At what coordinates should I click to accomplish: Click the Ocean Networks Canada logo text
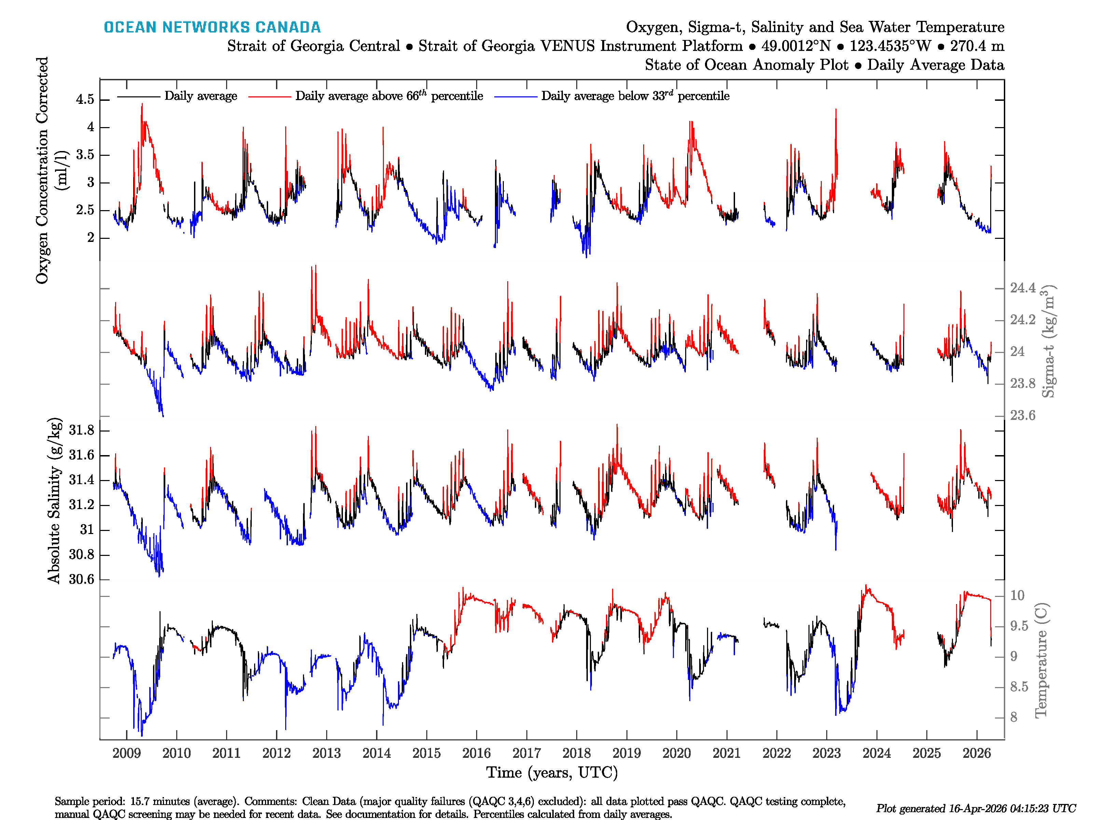click(x=212, y=27)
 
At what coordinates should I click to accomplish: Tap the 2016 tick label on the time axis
click(x=476, y=753)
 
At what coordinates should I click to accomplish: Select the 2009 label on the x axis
click(x=126, y=753)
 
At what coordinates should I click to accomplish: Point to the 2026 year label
click(x=977, y=753)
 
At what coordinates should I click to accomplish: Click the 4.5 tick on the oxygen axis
click(x=85, y=99)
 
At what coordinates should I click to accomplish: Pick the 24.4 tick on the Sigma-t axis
click(x=1022, y=288)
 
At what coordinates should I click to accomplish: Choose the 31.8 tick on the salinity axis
click(x=82, y=430)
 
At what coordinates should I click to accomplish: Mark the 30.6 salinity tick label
click(x=82, y=579)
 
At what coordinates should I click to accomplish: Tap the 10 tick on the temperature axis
click(x=1017, y=596)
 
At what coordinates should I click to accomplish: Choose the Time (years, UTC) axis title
click(x=552, y=773)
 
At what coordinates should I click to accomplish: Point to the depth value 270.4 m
click(x=977, y=46)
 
